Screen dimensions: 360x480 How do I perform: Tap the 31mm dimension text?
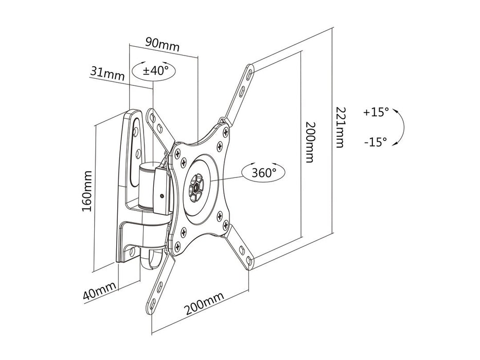coord(107,74)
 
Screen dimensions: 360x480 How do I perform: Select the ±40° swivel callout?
coord(153,70)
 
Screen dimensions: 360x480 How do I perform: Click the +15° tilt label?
coord(376,112)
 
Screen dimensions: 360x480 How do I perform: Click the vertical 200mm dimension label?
coord(309,142)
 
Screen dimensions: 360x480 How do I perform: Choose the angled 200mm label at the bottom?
coord(204,304)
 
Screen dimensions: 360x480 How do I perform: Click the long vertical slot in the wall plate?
coord(138,138)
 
